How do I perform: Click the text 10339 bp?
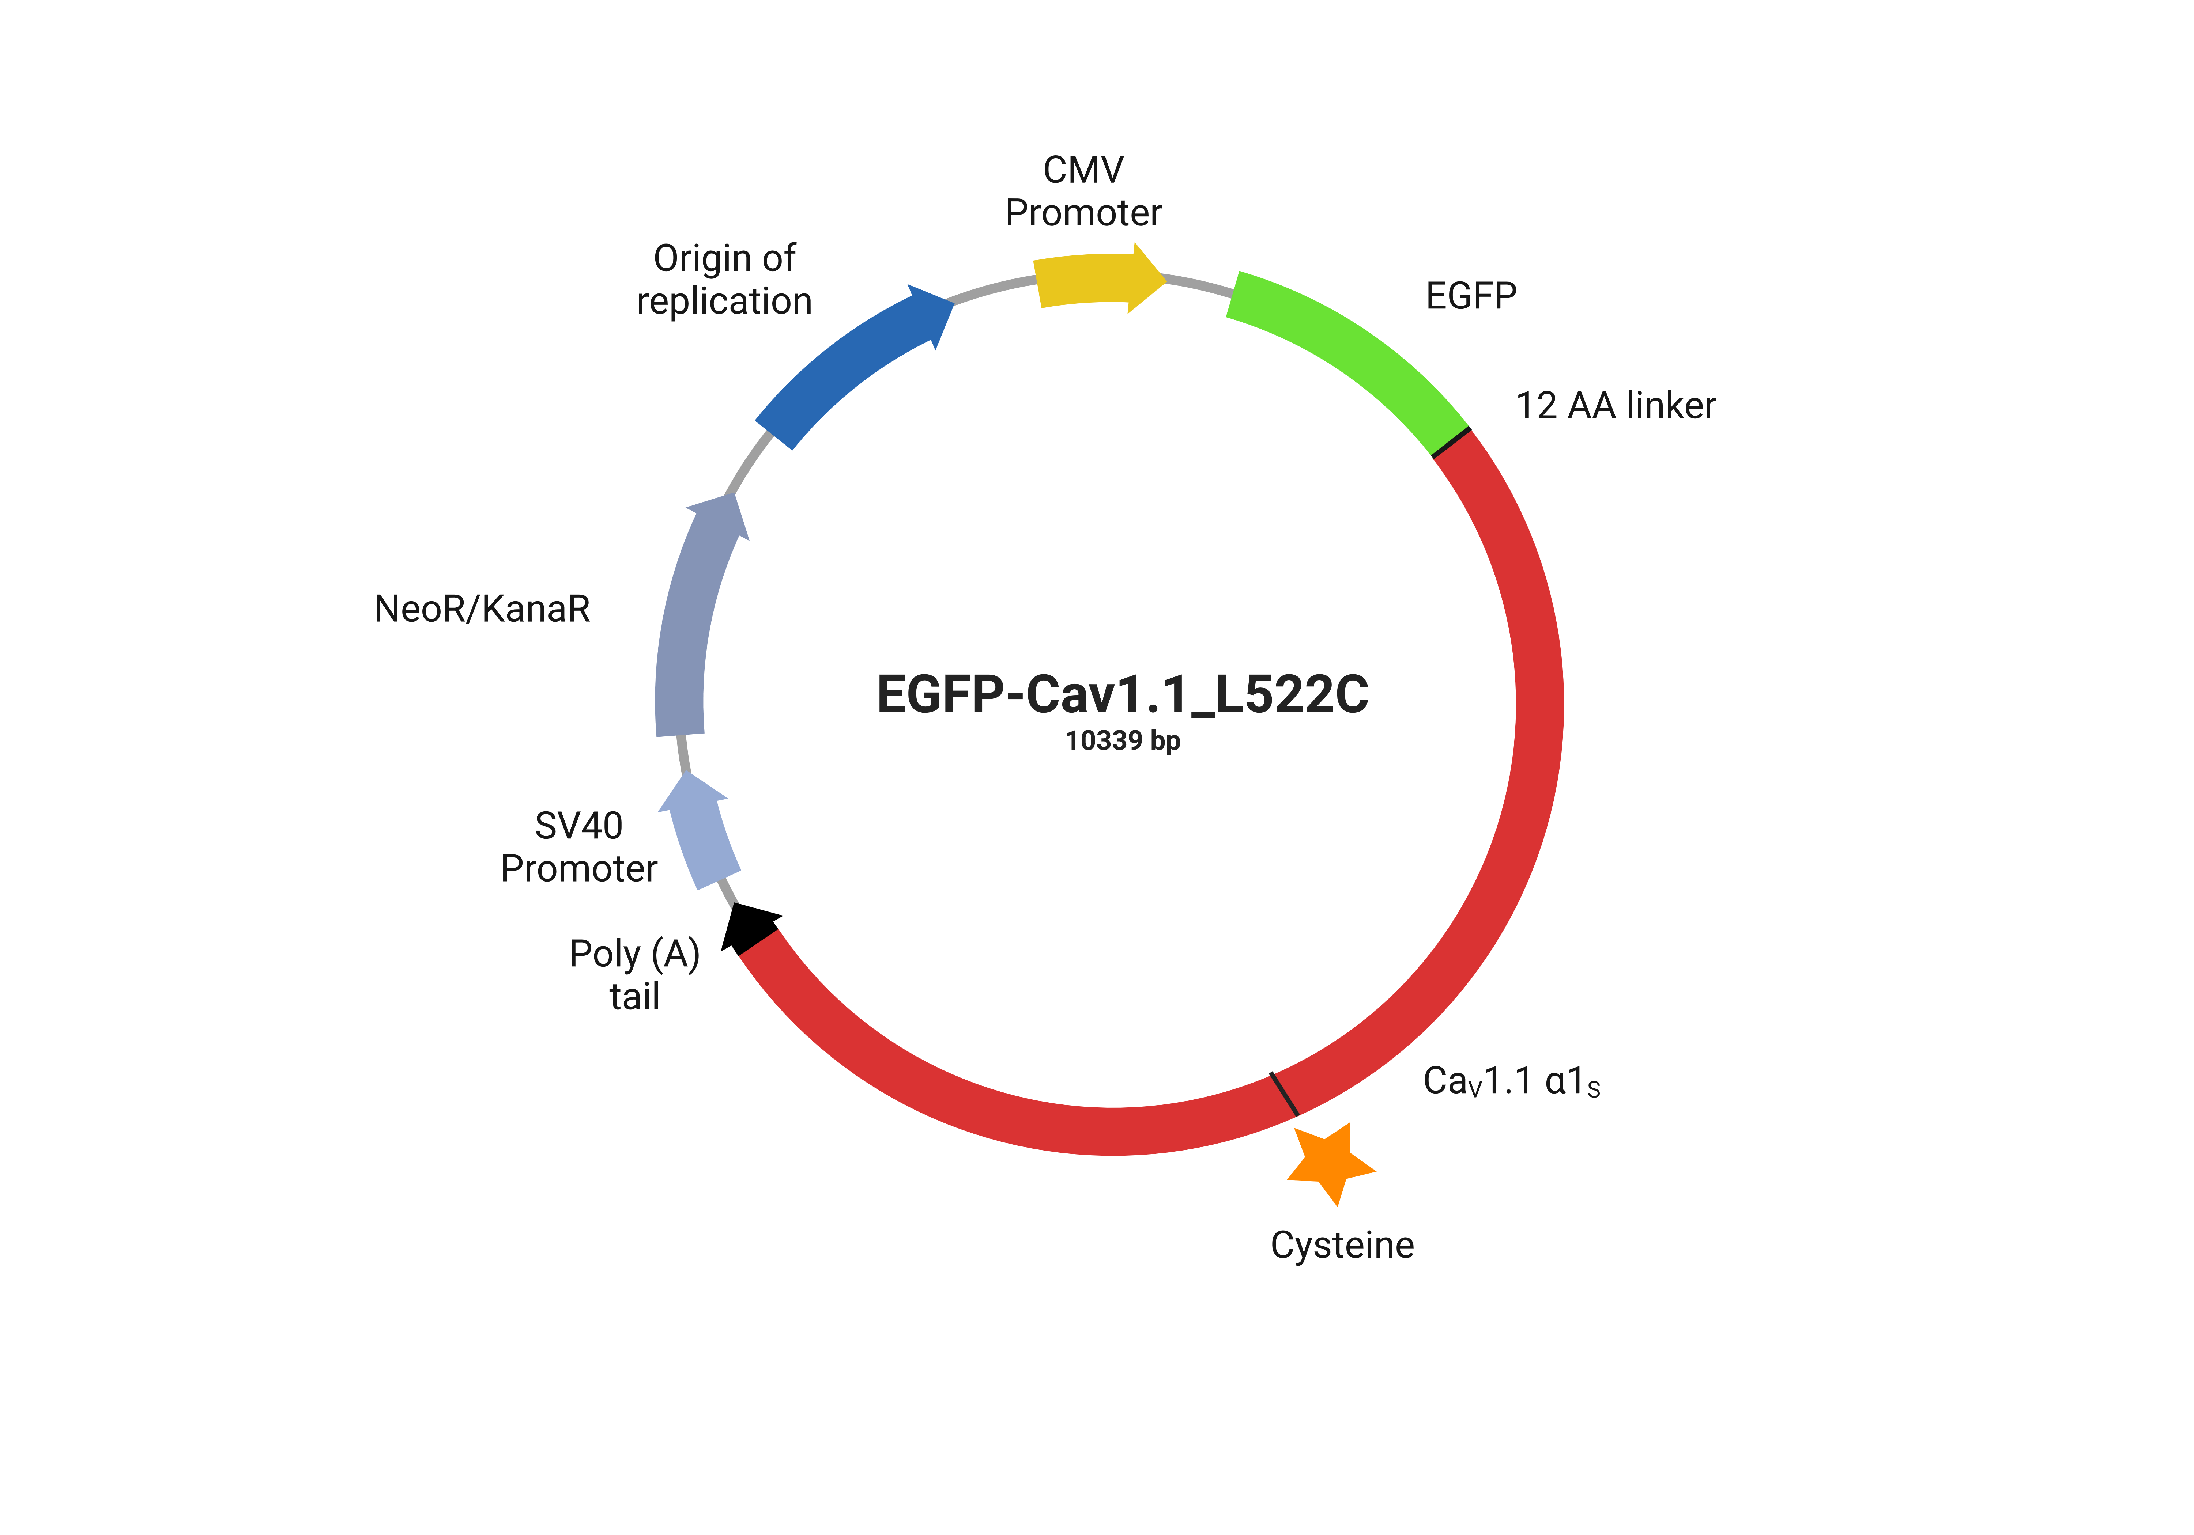pyautogui.click(x=1123, y=741)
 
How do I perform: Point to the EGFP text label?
pyautogui.click(x=1471, y=296)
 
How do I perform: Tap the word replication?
pyautogui.click(x=724, y=301)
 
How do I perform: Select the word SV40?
pyautogui.click(x=578, y=825)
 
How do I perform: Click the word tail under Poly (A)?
pyautogui.click(x=634, y=996)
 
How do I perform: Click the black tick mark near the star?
pyautogui.click(x=1284, y=1094)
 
